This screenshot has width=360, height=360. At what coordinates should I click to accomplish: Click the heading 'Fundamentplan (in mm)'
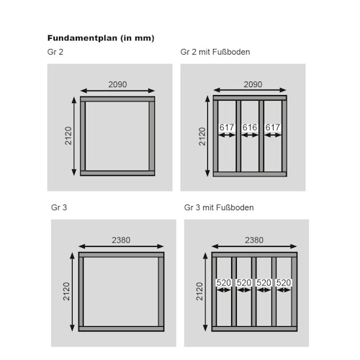coord(101,38)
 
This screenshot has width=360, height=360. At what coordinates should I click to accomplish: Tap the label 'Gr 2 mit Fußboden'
coord(215,52)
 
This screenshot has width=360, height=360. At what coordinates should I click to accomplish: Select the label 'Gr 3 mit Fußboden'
coord(219,207)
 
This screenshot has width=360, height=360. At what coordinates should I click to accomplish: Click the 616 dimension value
coord(250,127)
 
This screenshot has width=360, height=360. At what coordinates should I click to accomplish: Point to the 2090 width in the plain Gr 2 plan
coord(117,84)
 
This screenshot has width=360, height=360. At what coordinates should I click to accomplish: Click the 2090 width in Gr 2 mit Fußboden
coord(253,84)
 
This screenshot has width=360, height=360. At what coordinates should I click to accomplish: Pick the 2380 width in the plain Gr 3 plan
coord(121,240)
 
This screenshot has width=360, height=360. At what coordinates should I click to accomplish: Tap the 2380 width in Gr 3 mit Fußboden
coord(254,240)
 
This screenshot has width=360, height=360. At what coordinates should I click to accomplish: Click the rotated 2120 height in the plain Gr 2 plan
coord(68,135)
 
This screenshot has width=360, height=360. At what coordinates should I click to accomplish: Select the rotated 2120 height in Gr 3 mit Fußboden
coord(199,292)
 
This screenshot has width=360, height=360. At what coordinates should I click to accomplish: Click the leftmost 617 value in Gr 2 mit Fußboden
coord(227,127)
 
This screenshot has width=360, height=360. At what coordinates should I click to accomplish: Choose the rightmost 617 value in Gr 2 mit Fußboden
coord(273,127)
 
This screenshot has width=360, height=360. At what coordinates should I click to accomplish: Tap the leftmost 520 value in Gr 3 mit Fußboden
coord(224,283)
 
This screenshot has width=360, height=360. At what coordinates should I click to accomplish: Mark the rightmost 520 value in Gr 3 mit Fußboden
coord(284,283)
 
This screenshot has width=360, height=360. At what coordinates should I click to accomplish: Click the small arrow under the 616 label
coord(250,135)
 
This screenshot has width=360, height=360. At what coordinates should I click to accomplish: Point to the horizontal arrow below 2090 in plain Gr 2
coord(117,91)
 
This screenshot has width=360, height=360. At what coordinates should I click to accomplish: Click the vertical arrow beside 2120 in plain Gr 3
coord(72,292)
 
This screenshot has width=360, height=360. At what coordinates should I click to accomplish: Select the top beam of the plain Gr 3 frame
coord(122,255)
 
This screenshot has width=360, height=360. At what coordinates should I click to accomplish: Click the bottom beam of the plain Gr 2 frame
coord(117,174)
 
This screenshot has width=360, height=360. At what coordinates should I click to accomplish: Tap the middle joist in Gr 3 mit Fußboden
coord(254,292)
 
